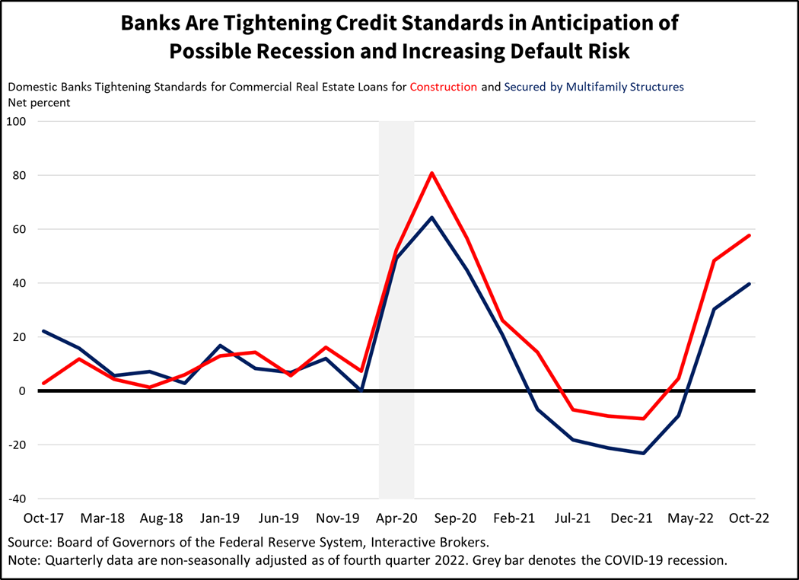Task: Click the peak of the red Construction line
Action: [432, 173]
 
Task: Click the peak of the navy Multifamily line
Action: [432, 218]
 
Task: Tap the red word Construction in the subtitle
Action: [444, 87]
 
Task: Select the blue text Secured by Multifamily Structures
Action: [594, 87]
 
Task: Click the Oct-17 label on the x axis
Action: [44, 518]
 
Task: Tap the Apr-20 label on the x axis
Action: [396, 518]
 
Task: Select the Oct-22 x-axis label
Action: [750, 518]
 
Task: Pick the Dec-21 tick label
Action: [632, 518]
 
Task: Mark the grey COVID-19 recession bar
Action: [396, 304]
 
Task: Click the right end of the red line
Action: [750, 235]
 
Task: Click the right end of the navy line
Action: [750, 284]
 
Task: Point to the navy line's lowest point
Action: [644, 453]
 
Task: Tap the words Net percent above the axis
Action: [39, 102]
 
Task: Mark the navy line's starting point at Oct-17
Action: [44, 331]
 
